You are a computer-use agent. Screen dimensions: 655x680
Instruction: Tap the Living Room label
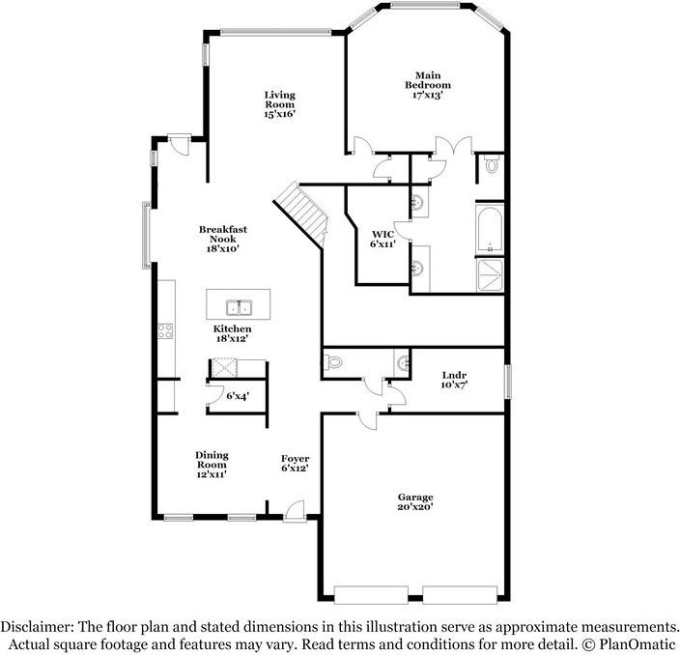pos(279,104)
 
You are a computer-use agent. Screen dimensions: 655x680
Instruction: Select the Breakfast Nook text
pos(223,239)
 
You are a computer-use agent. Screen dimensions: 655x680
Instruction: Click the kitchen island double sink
pos(239,309)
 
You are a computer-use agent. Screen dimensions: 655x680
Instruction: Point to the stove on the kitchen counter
pos(165,330)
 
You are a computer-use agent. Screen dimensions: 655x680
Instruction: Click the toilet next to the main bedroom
pos(491,166)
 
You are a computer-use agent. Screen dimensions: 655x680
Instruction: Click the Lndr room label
pos(454,380)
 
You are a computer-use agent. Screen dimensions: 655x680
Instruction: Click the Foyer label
pos(295,464)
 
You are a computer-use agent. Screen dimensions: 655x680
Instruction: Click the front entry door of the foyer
pos(297,509)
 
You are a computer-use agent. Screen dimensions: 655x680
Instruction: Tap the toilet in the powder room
pos(334,363)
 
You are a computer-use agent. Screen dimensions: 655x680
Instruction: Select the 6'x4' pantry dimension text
pos(237,396)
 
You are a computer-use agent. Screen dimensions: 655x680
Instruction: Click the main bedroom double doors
pos(452,147)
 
